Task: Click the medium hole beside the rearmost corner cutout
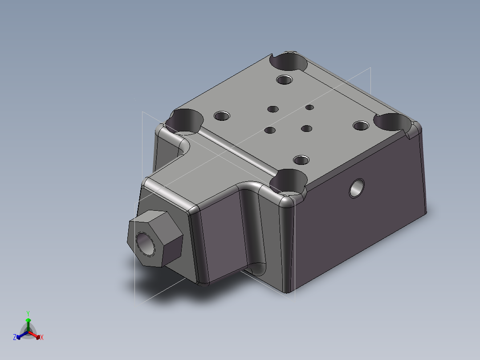tap(284, 80)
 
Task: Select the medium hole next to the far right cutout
tap(361, 125)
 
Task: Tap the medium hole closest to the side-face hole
tap(301, 160)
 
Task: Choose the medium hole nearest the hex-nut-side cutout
tap(221, 116)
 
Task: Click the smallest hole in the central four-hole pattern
tap(310, 107)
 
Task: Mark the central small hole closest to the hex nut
tap(270, 131)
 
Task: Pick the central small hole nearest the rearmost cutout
tap(273, 109)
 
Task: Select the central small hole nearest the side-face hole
tap(306, 129)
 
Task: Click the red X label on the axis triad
tap(41, 338)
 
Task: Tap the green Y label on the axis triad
tap(28, 313)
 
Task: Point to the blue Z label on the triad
tap(15, 338)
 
